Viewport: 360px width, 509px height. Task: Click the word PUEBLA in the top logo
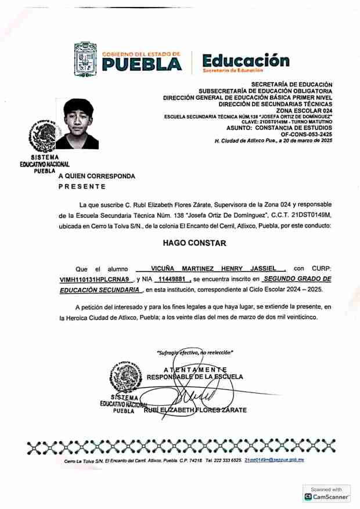click(141, 64)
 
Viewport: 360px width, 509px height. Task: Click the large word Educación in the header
click(245, 60)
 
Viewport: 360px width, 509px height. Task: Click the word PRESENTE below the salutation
click(82, 187)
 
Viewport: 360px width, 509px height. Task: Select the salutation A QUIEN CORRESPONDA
click(96, 176)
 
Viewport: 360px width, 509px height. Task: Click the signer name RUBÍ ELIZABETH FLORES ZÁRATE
click(195, 410)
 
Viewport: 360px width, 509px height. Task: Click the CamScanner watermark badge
click(327, 494)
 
